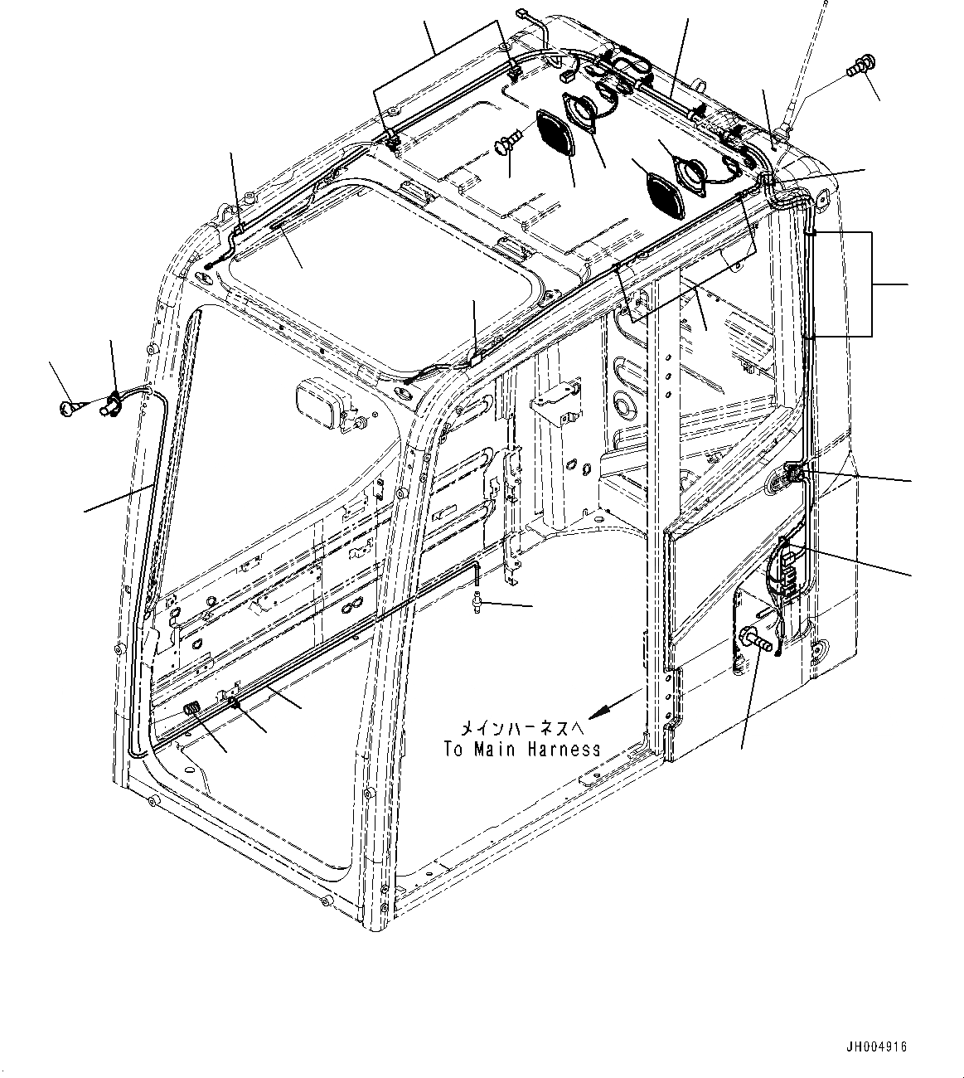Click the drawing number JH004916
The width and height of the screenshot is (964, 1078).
click(x=875, y=1046)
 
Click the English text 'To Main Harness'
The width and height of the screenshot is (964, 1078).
click(x=521, y=749)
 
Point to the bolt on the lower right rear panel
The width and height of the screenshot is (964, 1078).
click(x=759, y=641)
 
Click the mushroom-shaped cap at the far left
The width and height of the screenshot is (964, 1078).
click(x=70, y=405)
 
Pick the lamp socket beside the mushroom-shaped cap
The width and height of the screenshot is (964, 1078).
click(x=112, y=405)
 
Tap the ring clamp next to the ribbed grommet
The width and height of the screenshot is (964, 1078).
click(x=235, y=702)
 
